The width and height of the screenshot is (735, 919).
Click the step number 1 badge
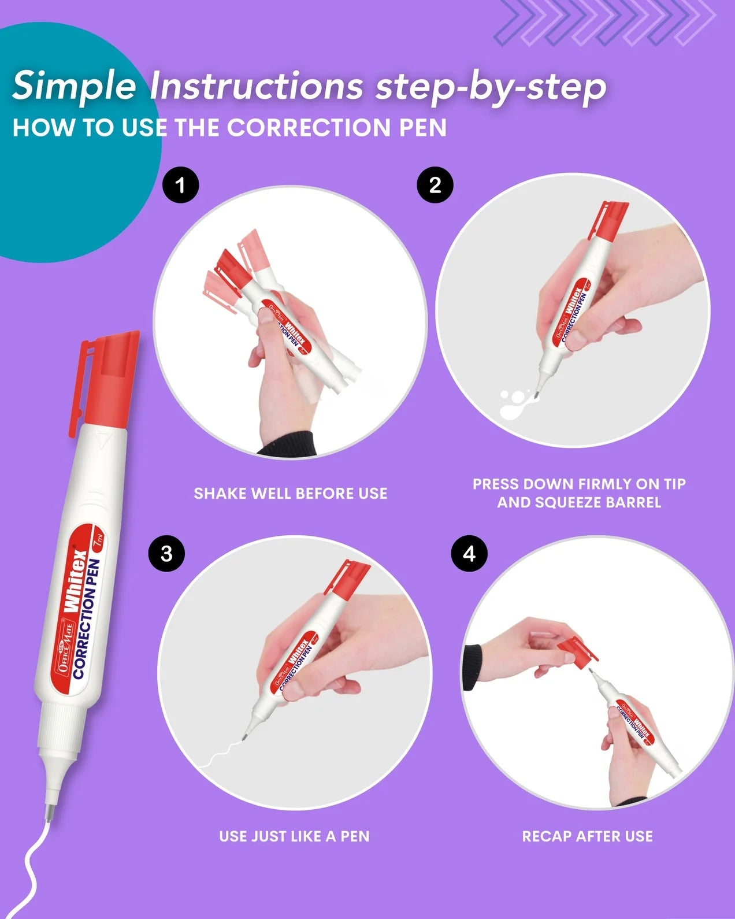tap(180, 186)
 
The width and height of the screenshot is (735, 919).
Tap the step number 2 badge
tap(435, 185)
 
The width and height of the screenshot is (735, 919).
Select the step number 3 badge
tap(166, 554)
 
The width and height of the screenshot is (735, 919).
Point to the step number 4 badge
tap(469, 554)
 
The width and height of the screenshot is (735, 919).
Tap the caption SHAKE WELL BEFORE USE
tap(290, 494)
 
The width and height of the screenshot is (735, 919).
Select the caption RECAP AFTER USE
tap(587, 836)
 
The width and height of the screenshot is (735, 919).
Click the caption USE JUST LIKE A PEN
tap(294, 836)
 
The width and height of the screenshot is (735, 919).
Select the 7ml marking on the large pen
tap(98, 542)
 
